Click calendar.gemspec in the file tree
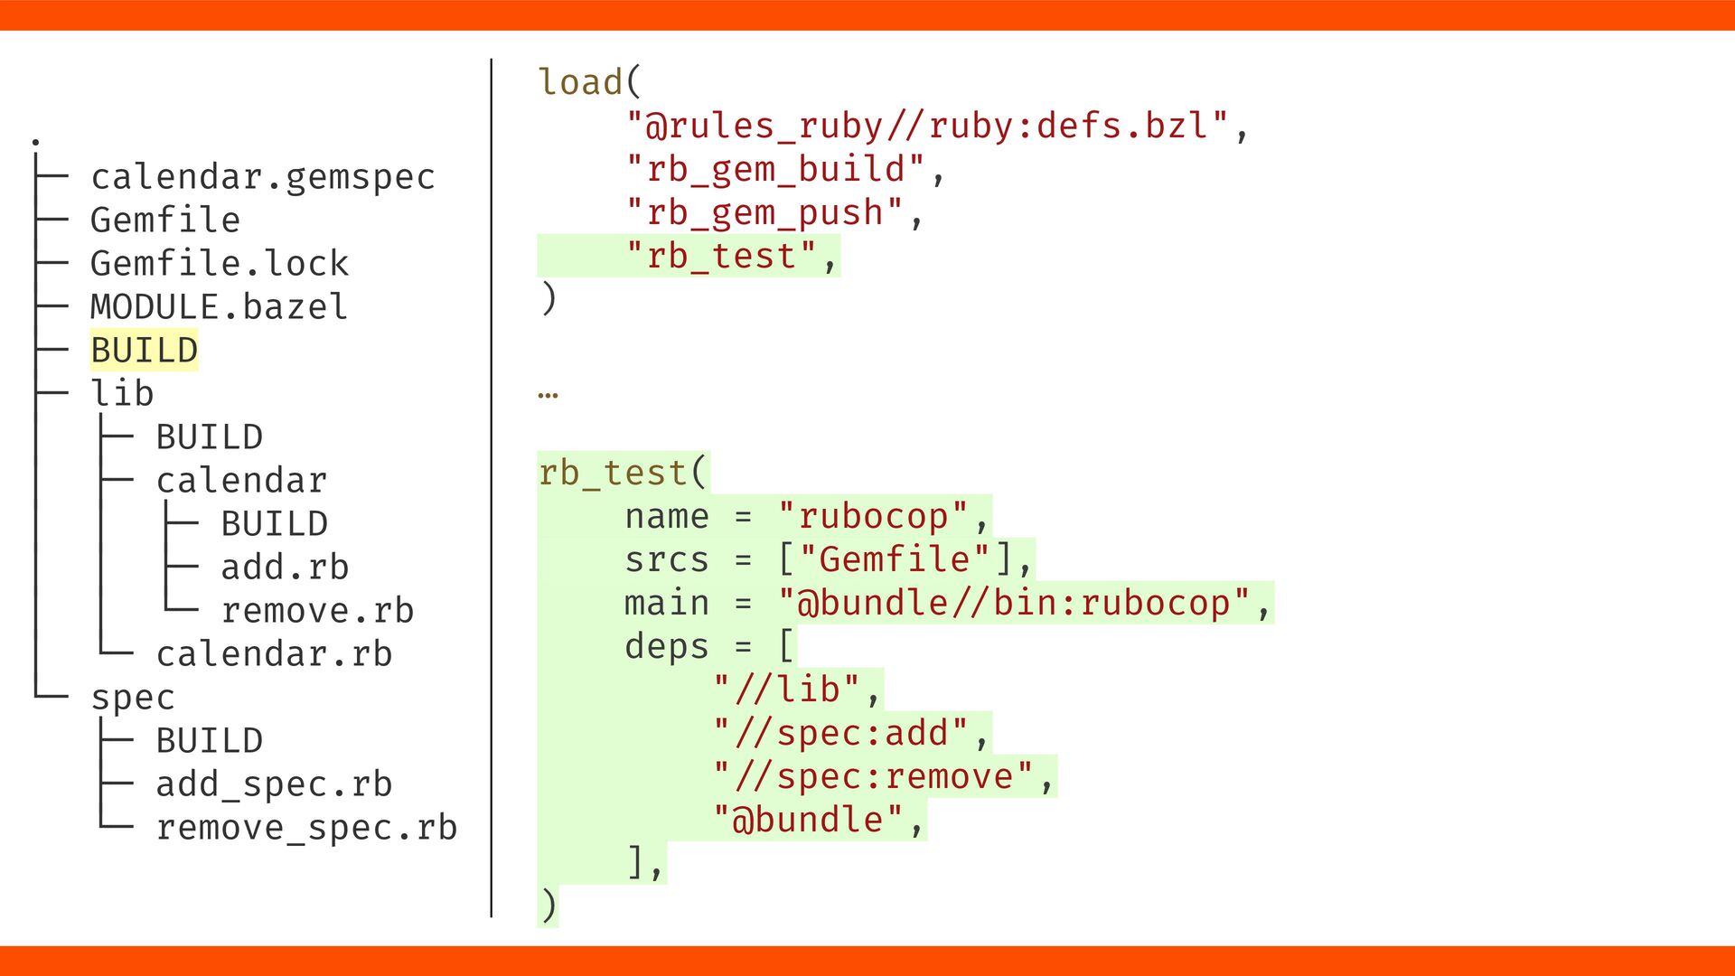(x=262, y=177)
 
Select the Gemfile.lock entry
(x=219, y=264)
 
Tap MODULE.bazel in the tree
(x=219, y=307)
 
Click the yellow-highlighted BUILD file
(x=144, y=351)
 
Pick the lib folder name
(x=122, y=394)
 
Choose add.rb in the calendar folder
(x=285, y=568)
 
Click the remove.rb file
(x=317, y=611)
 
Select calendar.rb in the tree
(x=274, y=654)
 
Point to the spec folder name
(x=132, y=698)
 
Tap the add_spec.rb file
(x=274, y=784)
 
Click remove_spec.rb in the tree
(x=306, y=828)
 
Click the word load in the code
(x=580, y=82)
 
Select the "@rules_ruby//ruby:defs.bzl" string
(x=927, y=126)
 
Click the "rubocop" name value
(x=873, y=516)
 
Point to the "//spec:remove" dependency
(x=873, y=776)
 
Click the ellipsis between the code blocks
(x=548, y=394)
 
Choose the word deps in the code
(x=667, y=646)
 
